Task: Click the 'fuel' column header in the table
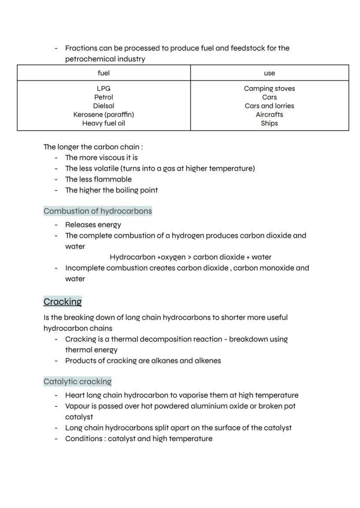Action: coord(103,73)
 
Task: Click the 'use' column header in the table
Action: coord(269,73)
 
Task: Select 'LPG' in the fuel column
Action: coord(103,89)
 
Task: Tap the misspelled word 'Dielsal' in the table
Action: coord(103,106)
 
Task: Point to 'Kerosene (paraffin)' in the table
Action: coord(103,115)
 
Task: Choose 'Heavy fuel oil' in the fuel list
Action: coord(103,123)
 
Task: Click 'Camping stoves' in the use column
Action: coord(269,89)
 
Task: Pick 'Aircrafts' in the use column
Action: coord(269,115)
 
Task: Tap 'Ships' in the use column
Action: coord(269,123)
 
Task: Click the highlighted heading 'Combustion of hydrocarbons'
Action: coord(98,211)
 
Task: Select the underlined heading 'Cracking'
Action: coord(63,302)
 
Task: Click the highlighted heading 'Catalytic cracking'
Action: coord(77,382)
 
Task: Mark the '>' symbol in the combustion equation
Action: coord(189,257)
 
